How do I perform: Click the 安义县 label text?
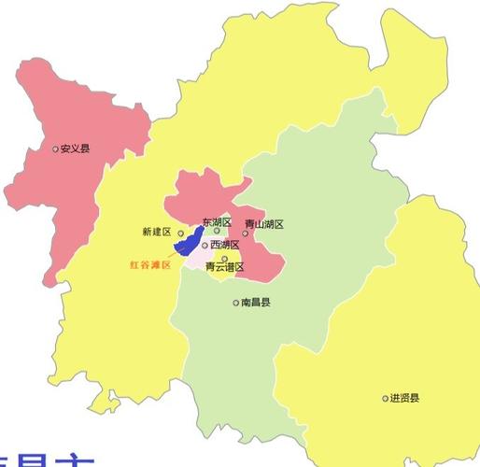coord(75,149)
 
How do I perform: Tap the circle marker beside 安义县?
coord(55,149)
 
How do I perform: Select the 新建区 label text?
coord(157,232)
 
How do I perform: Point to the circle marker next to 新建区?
coord(181,233)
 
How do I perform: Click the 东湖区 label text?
coord(217,222)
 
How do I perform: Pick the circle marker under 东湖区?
coord(217,232)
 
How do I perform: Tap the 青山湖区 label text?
coord(263,224)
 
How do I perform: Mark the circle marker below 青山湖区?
coord(246,233)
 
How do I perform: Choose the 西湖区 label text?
coord(224,245)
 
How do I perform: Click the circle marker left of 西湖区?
coord(205,245)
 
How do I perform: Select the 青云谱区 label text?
coord(224,267)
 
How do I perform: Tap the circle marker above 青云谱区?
coord(224,259)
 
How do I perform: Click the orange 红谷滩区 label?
coord(150,265)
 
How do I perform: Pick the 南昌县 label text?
coord(255,303)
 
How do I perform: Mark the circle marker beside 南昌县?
coord(235,303)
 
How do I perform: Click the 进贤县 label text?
coord(404,398)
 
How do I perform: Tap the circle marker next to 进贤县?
coord(385,398)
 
